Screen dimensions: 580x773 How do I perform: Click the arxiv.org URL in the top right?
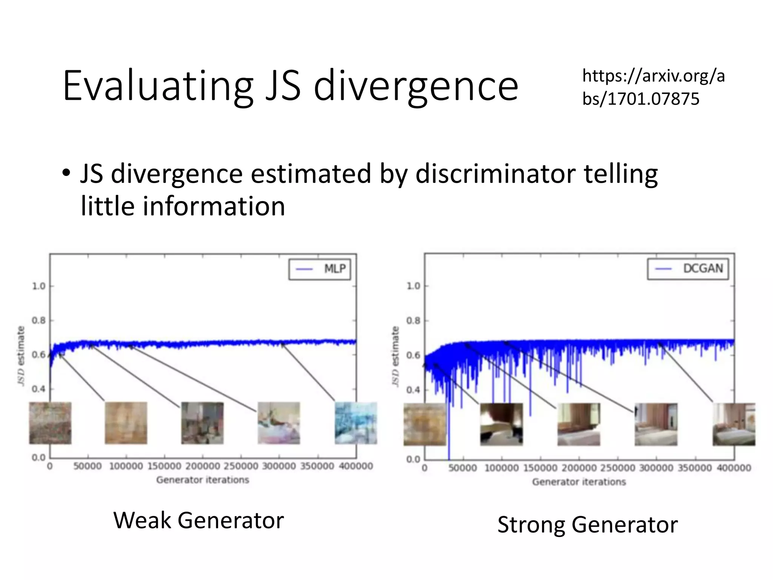pos(653,87)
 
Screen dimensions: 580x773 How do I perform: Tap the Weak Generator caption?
pos(199,520)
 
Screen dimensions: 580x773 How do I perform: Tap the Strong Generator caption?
pos(587,524)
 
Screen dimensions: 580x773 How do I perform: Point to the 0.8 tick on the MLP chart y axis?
pos(38,321)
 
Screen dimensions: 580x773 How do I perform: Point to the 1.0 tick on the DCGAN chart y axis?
pos(413,286)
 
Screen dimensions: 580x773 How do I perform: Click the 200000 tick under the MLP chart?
pos(203,466)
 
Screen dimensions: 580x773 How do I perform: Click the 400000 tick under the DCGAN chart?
pos(733,468)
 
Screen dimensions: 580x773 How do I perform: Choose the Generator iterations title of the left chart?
pos(203,480)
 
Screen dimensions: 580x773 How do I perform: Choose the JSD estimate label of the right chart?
pos(395,356)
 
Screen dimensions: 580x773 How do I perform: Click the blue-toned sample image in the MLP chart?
pos(356,423)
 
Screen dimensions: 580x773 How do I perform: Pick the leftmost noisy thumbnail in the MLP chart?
pos(50,423)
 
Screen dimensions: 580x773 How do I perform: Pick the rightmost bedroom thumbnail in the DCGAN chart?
pos(733,424)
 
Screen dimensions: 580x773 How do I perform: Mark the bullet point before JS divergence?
pos(66,174)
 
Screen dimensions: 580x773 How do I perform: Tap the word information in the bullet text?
pos(214,207)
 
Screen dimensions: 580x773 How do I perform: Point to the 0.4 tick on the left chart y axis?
pos(38,389)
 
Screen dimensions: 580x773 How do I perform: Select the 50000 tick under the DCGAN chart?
pos(463,468)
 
